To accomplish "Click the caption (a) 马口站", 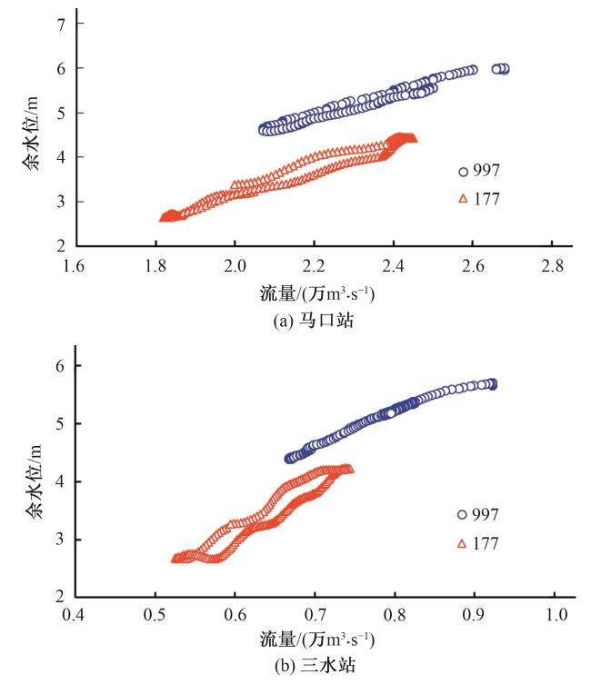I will [x=314, y=319].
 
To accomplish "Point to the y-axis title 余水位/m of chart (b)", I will [x=34, y=481].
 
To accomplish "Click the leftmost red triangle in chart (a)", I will [x=164, y=217].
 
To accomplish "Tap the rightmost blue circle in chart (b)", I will [x=493, y=384].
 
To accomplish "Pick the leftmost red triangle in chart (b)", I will [x=175, y=559].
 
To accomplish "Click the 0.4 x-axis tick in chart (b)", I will [x=76, y=613].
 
